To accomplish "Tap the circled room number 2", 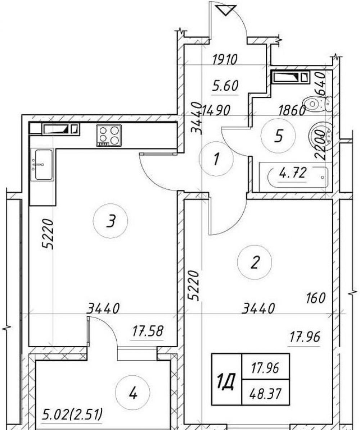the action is [x=255, y=262].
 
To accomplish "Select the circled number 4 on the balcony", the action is [x=132, y=394].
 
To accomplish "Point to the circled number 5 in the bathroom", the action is [x=278, y=136].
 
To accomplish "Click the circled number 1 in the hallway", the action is [x=217, y=159].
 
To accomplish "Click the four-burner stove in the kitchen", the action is [x=108, y=135].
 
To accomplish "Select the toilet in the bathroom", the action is [x=318, y=104].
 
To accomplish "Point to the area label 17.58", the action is [x=148, y=331].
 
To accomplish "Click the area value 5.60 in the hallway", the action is [x=225, y=86].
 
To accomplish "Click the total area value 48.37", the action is [x=265, y=394].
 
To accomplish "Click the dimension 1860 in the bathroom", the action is [x=292, y=111].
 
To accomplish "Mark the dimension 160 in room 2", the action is [x=316, y=298].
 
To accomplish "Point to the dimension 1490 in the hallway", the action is [x=216, y=111].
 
